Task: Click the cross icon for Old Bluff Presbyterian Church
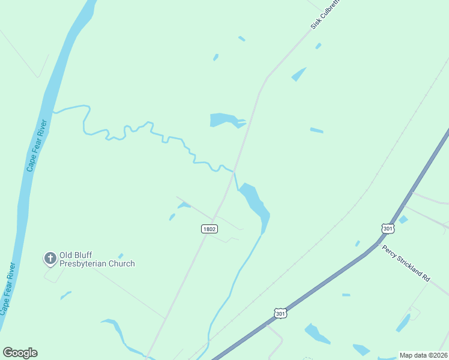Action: point(50,259)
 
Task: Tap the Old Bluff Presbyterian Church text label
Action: point(97,259)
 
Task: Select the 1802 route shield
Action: point(209,229)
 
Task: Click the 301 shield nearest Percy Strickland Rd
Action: point(387,228)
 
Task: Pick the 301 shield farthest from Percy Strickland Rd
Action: point(280,313)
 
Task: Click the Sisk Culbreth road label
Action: point(325,14)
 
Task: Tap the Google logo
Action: point(20,353)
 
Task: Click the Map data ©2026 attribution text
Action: point(423,355)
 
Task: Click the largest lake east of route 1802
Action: point(256,204)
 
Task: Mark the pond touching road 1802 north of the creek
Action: point(226,120)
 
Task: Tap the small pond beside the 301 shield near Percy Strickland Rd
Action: point(403,220)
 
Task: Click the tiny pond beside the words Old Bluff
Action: point(121,256)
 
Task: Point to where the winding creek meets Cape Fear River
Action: point(54,111)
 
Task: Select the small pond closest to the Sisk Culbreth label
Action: point(318,46)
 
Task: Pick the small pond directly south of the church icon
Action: point(65,295)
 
